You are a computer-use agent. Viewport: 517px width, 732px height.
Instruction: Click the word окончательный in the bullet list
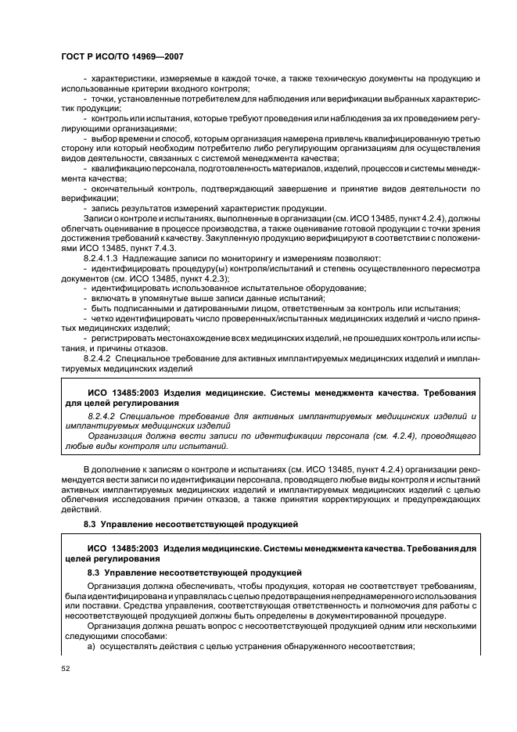pos(124,188)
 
